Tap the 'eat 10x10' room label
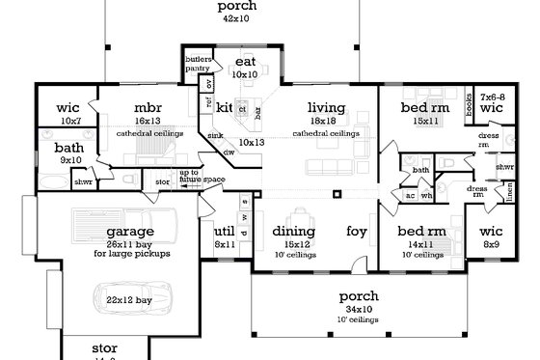coord(246,68)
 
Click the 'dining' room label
coord(293,232)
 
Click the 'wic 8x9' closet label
coord(493,237)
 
